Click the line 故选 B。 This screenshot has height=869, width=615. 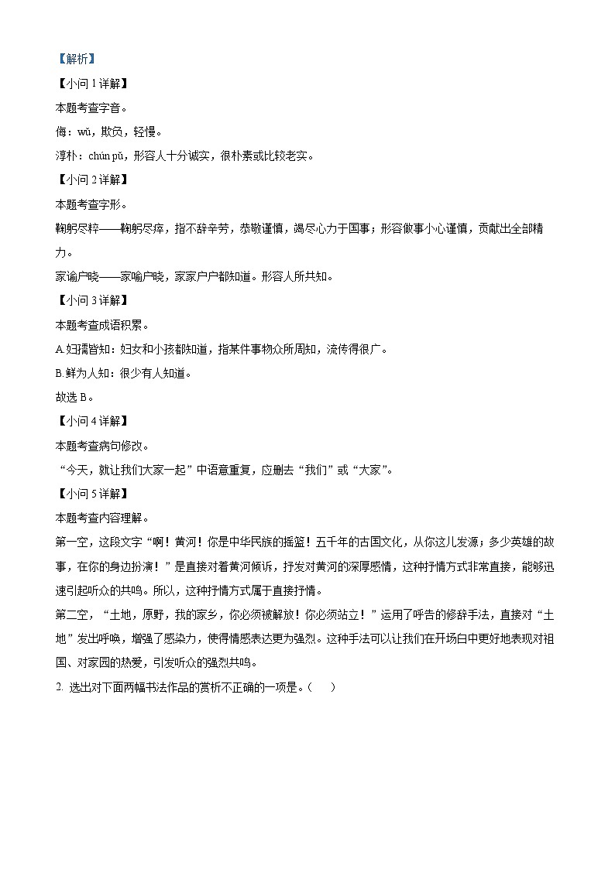click(x=75, y=397)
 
